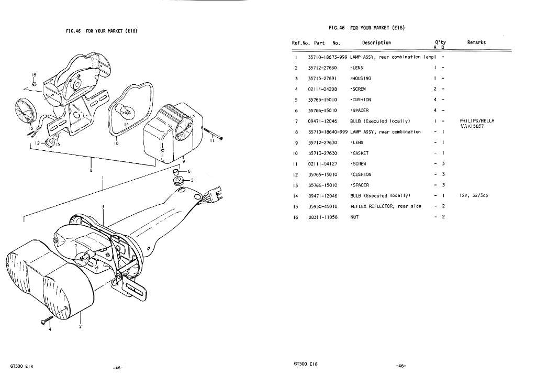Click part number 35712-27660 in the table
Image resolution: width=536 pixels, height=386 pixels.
click(322, 68)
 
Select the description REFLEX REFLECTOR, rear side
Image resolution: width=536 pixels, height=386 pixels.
click(386, 206)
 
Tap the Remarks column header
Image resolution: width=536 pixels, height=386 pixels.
click(476, 42)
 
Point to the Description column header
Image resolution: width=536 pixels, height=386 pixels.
click(376, 43)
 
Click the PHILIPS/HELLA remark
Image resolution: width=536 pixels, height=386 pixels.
click(477, 120)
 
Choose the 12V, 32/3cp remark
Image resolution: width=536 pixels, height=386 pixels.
click(474, 195)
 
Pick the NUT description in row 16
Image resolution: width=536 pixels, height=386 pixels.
click(354, 217)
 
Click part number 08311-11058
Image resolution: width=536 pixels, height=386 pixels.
click(322, 217)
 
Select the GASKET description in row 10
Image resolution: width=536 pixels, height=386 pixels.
click(360, 153)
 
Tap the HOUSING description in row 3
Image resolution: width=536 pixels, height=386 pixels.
click(361, 78)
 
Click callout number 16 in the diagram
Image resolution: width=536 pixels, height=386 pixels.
click(34, 75)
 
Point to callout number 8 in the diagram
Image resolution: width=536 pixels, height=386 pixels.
click(91, 170)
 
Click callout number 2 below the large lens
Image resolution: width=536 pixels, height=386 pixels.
click(80, 326)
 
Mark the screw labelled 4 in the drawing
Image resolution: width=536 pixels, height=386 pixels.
click(46, 321)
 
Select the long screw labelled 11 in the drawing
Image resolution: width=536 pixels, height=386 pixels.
click(213, 134)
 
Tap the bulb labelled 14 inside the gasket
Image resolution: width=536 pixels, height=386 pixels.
click(124, 110)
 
